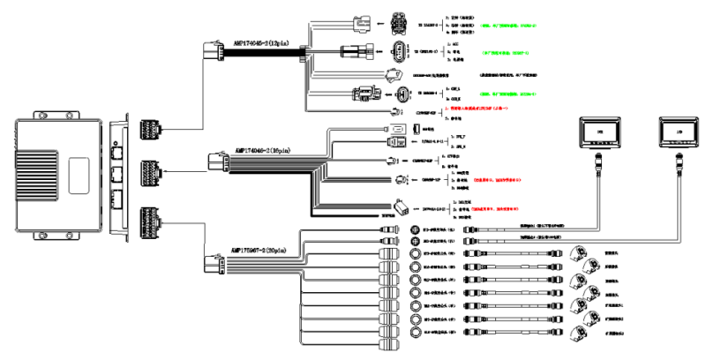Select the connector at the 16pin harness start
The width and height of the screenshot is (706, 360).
point(215,161)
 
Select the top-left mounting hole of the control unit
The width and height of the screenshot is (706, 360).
point(37,114)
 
